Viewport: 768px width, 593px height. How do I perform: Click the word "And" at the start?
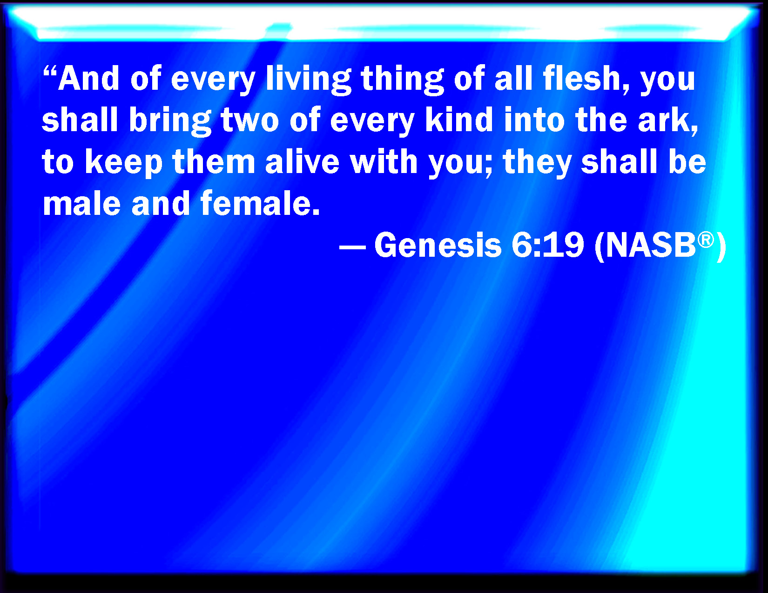[x=88, y=78]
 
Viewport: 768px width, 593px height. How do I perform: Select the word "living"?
[x=309, y=80]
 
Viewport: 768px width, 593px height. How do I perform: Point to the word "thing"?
[x=403, y=80]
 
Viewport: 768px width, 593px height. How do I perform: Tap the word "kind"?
[x=459, y=120]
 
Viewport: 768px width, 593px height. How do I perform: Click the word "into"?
[x=535, y=120]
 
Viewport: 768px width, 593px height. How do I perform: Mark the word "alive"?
[x=302, y=161]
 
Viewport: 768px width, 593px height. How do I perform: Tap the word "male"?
[x=81, y=203]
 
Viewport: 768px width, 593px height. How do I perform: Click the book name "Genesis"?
[x=438, y=245]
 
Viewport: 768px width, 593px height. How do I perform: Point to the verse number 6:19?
[x=548, y=245]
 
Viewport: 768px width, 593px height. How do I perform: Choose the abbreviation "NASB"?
[x=651, y=245]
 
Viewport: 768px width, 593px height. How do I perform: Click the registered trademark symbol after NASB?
[x=706, y=240]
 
